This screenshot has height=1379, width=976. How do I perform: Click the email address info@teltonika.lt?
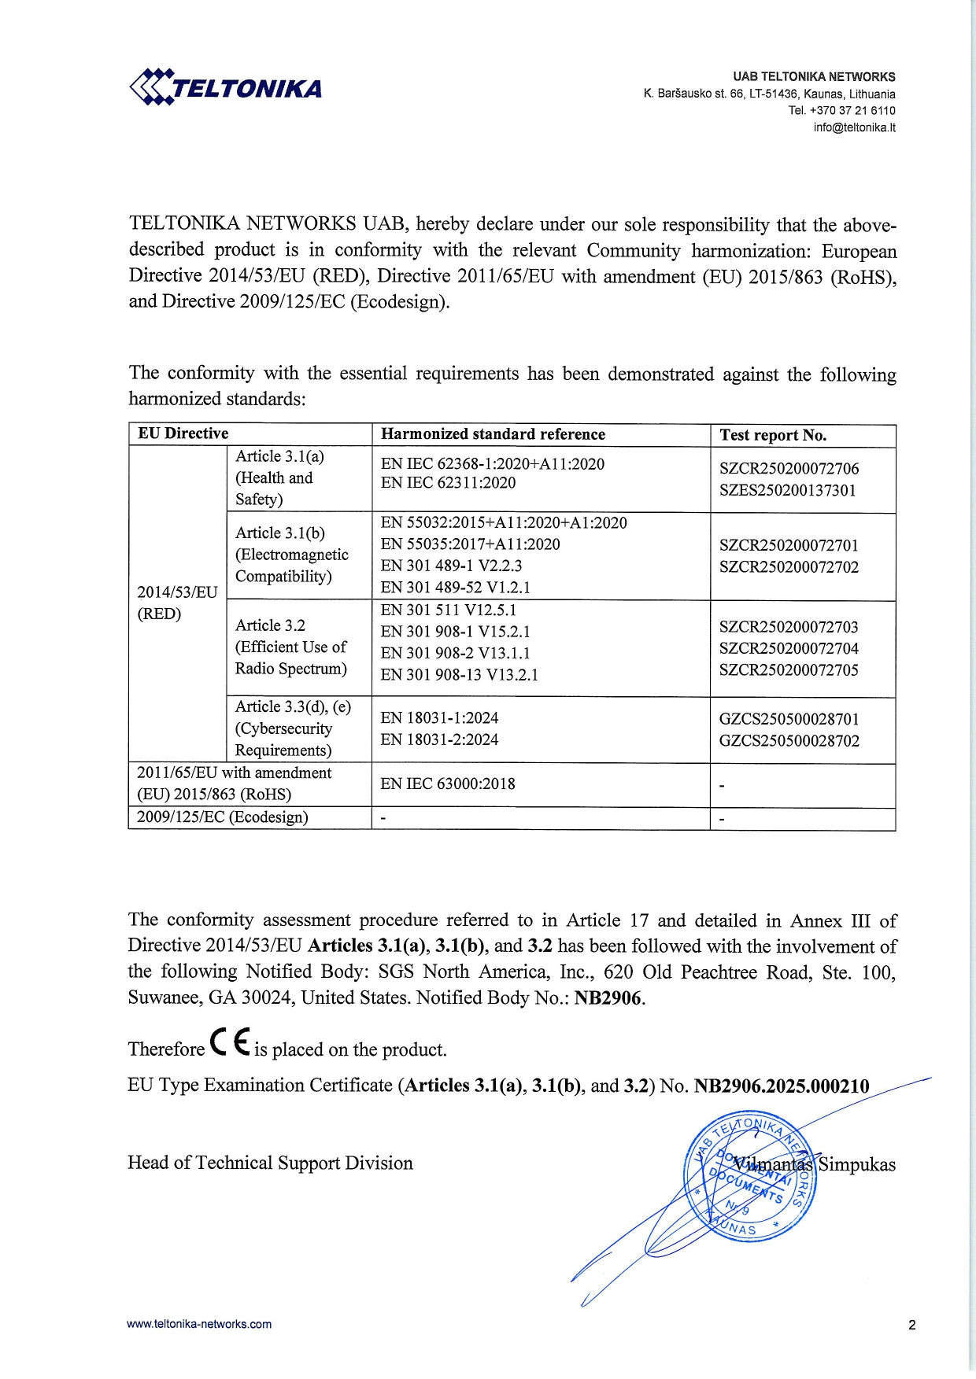click(x=854, y=127)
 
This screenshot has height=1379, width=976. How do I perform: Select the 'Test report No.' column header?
click(x=773, y=435)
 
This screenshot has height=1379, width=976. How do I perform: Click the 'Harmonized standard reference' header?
click(x=493, y=434)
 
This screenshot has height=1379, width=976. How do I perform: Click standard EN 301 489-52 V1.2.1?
click(x=455, y=588)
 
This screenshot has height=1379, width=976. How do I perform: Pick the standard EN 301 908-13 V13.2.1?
click(x=459, y=675)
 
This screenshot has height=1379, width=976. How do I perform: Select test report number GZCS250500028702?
click(x=789, y=741)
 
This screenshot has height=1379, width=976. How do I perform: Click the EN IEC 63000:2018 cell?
click(x=447, y=784)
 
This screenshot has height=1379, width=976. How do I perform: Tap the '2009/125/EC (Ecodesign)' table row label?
click(x=222, y=817)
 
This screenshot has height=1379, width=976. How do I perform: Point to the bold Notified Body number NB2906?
click(x=609, y=998)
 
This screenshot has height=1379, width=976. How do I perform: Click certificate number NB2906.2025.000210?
click(x=781, y=1086)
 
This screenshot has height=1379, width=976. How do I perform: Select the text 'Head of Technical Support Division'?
click(x=270, y=1163)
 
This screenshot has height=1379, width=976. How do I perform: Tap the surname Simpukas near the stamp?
click(x=856, y=1164)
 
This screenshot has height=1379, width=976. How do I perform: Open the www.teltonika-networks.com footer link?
click(x=199, y=1324)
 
